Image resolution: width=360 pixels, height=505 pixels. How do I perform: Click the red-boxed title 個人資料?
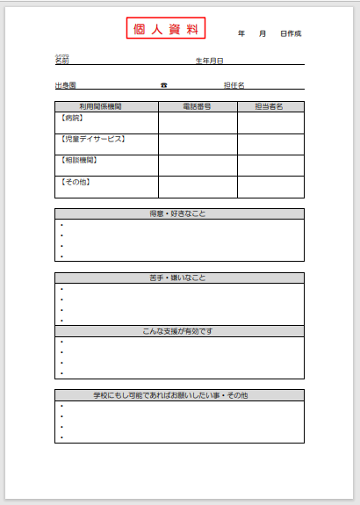pyautogui.click(x=165, y=29)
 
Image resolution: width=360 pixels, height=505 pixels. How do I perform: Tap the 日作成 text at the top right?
pyautogui.click(x=291, y=33)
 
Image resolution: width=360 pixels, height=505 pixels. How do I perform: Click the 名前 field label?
pyautogui.click(x=61, y=61)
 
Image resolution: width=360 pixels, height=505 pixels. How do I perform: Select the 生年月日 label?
pyautogui.click(x=210, y=61)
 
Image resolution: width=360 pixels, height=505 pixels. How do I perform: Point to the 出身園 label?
pyautogui.click(x=65, y=85)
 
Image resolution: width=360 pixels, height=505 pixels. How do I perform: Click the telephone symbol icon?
pyautogui.click(x=163, y=85)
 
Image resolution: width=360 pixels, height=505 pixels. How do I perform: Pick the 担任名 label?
pyautogui.click(x=234, y=85)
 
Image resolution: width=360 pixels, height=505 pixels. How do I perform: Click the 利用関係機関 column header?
pyautogui.click(x=100, y=106)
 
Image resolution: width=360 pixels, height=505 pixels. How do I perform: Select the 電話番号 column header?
pyautogui.click(x=197, y=106)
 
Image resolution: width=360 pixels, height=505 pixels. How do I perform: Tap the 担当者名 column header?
pyautogui.click(x=270, y=106)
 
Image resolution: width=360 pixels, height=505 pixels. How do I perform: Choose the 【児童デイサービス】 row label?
pyautogui.click(x=92, y=139)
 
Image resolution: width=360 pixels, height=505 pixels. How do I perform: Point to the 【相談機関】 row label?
pyautogui.click(x=78, y=160)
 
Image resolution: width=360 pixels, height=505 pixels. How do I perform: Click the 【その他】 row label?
pyautogui.click(x=75, y=182)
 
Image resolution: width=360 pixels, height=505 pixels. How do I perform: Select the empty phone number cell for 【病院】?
pyautogui.click(x=198, y=122)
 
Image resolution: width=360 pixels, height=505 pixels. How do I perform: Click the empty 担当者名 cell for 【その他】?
pyautogui.click(x=270, y=186)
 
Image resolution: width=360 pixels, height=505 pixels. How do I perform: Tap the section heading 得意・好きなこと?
pyautogui.click(x=178, y=213)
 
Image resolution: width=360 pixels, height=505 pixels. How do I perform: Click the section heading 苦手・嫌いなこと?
pyautogui.click(x=178, y=278)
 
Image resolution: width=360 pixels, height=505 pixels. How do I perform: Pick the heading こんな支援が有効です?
pyautogui.click(x=178, y=331)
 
